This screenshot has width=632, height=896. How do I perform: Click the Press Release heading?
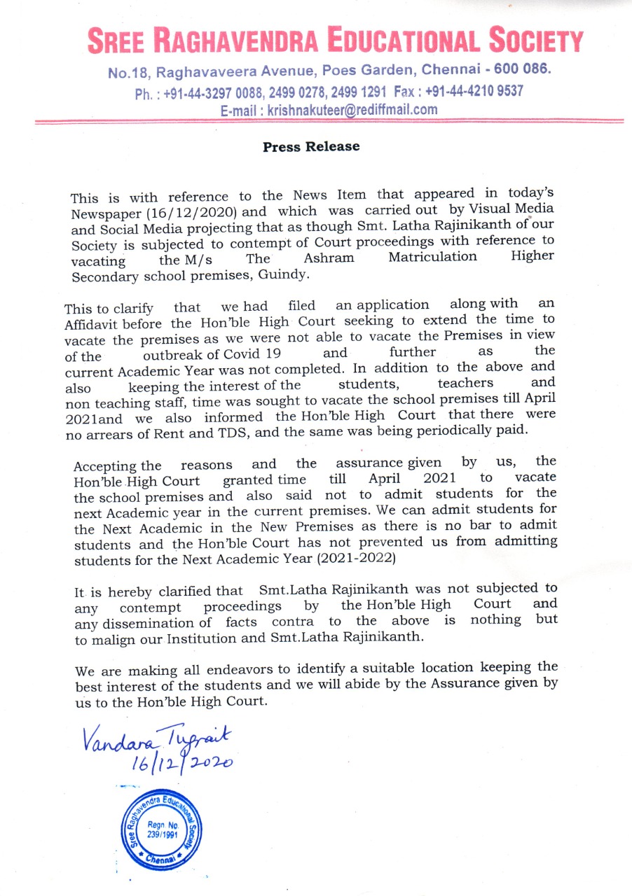point(311,147)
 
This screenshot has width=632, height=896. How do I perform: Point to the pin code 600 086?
point(522,71)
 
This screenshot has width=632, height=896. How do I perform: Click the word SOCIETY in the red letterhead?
point(533,42)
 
